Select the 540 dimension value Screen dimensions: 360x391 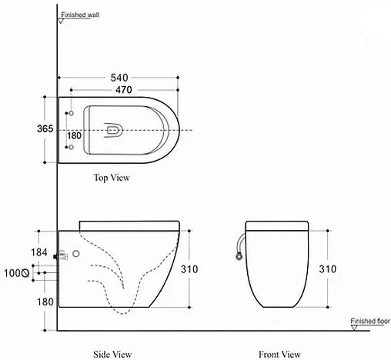(119, 78)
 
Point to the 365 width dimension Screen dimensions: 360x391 (44, 129)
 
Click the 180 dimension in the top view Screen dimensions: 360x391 (74, 136)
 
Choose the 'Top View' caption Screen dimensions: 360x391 (112, 178)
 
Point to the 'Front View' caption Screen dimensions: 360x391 (279, 354)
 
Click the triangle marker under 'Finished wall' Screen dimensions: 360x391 (58, 22)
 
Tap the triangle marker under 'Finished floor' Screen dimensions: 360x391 (353, 328)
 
